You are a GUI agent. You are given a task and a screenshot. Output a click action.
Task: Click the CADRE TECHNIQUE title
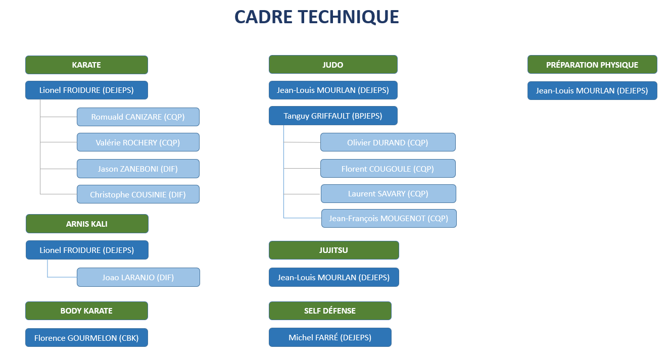(x=317, y=17)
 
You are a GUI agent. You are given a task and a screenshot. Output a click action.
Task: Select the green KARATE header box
(x=86, y=65)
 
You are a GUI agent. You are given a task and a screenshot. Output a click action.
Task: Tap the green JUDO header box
(x=333, y=64)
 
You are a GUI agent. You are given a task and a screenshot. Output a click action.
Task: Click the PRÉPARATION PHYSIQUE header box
(x=592, y=64)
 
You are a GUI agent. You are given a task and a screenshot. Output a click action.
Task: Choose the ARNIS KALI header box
(x=87, y=224)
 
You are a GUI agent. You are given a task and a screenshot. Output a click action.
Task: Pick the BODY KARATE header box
(x=86, y=311)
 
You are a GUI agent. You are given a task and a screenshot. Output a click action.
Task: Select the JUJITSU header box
(x=333, y=250)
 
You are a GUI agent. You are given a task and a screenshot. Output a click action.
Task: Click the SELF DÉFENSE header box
(x=330, y=311)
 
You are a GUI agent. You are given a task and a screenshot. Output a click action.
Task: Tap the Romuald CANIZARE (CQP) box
(x=138, y=117)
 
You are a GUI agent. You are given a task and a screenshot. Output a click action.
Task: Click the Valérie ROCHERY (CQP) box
(x=138, y=142)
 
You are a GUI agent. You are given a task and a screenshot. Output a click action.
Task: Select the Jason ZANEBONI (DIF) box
(x=138, y=169)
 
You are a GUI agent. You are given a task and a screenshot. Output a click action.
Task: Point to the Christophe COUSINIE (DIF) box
(x=138, y=194)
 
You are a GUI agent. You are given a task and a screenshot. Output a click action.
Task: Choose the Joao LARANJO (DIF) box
(x=138, y=277)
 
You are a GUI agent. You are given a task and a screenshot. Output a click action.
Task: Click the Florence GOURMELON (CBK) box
(x=86, y=338)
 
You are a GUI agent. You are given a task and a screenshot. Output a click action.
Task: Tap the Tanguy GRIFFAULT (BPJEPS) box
(x=333, y=116)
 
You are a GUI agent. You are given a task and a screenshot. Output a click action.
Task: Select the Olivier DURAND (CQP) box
(x=388, y=142)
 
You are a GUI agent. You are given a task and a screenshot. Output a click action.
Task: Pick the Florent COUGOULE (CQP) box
(x=388, y=169)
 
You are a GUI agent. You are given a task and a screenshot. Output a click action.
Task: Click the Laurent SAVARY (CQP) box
(x=389, y=193)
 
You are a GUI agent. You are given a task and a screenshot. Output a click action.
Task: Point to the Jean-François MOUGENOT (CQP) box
(x=389, y=219)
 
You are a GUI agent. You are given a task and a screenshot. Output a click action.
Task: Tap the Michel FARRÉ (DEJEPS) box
(x=330, y=337)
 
